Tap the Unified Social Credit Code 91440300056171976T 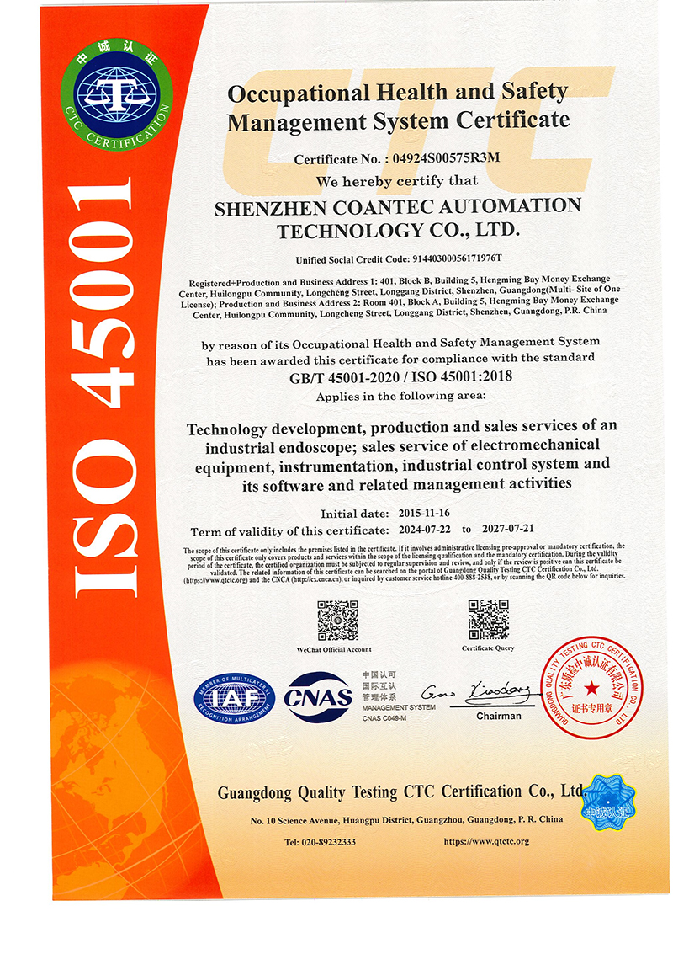(x=453, y=258)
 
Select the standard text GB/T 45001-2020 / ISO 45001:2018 (x=401, y=376)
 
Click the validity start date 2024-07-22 (x=423, y=530)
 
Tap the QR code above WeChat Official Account (x=337, y=621)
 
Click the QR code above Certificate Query (x=488, y=619)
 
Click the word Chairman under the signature (x=499, y=716)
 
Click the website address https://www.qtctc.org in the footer (x=486, y=842)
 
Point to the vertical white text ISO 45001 (x=104, y=387)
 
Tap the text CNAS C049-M (x=384, y=717)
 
